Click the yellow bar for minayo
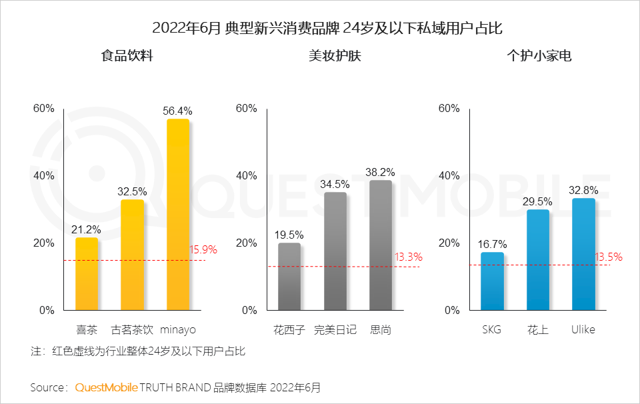[x=177, y=215]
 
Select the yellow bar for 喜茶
[x=87, y=274]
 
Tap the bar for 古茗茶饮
[x=132, y=255]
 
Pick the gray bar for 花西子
[x=289, y=277]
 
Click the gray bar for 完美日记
[x=335, y=251]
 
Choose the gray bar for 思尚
[x=380, y=245]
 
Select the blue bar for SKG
[x=492, y=281]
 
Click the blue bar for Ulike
[x=583, y=254]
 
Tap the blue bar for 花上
[x=537, y=260]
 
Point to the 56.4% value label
[x=177, y=111]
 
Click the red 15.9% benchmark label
[x=203, y=250]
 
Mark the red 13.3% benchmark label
[x=408, y=257]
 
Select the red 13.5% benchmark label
[x=608, y=257]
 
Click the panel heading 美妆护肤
[x=335, y=56]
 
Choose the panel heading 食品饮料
[x=127, y=56]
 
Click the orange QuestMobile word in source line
[x=106, y=387]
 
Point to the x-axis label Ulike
[x=583, y=329]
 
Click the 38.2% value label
[x=380, y=172]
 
